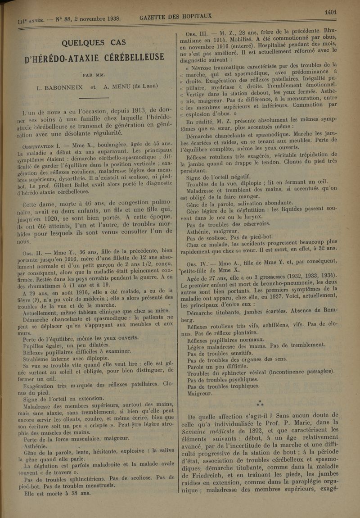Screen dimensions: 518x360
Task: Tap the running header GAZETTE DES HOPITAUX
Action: (x=176, y=17)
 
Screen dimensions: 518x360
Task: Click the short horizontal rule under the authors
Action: (x=94, y=98)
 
